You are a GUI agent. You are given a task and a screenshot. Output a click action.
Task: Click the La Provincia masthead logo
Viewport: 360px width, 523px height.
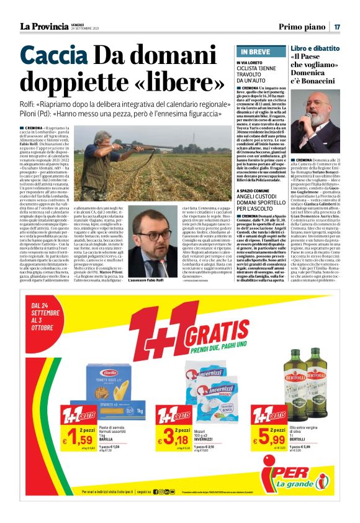pos(45,26)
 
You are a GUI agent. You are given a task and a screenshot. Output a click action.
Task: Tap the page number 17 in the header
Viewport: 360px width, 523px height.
pos(337,27)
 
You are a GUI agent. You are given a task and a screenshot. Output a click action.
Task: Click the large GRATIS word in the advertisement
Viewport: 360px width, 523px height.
pos(223,336)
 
